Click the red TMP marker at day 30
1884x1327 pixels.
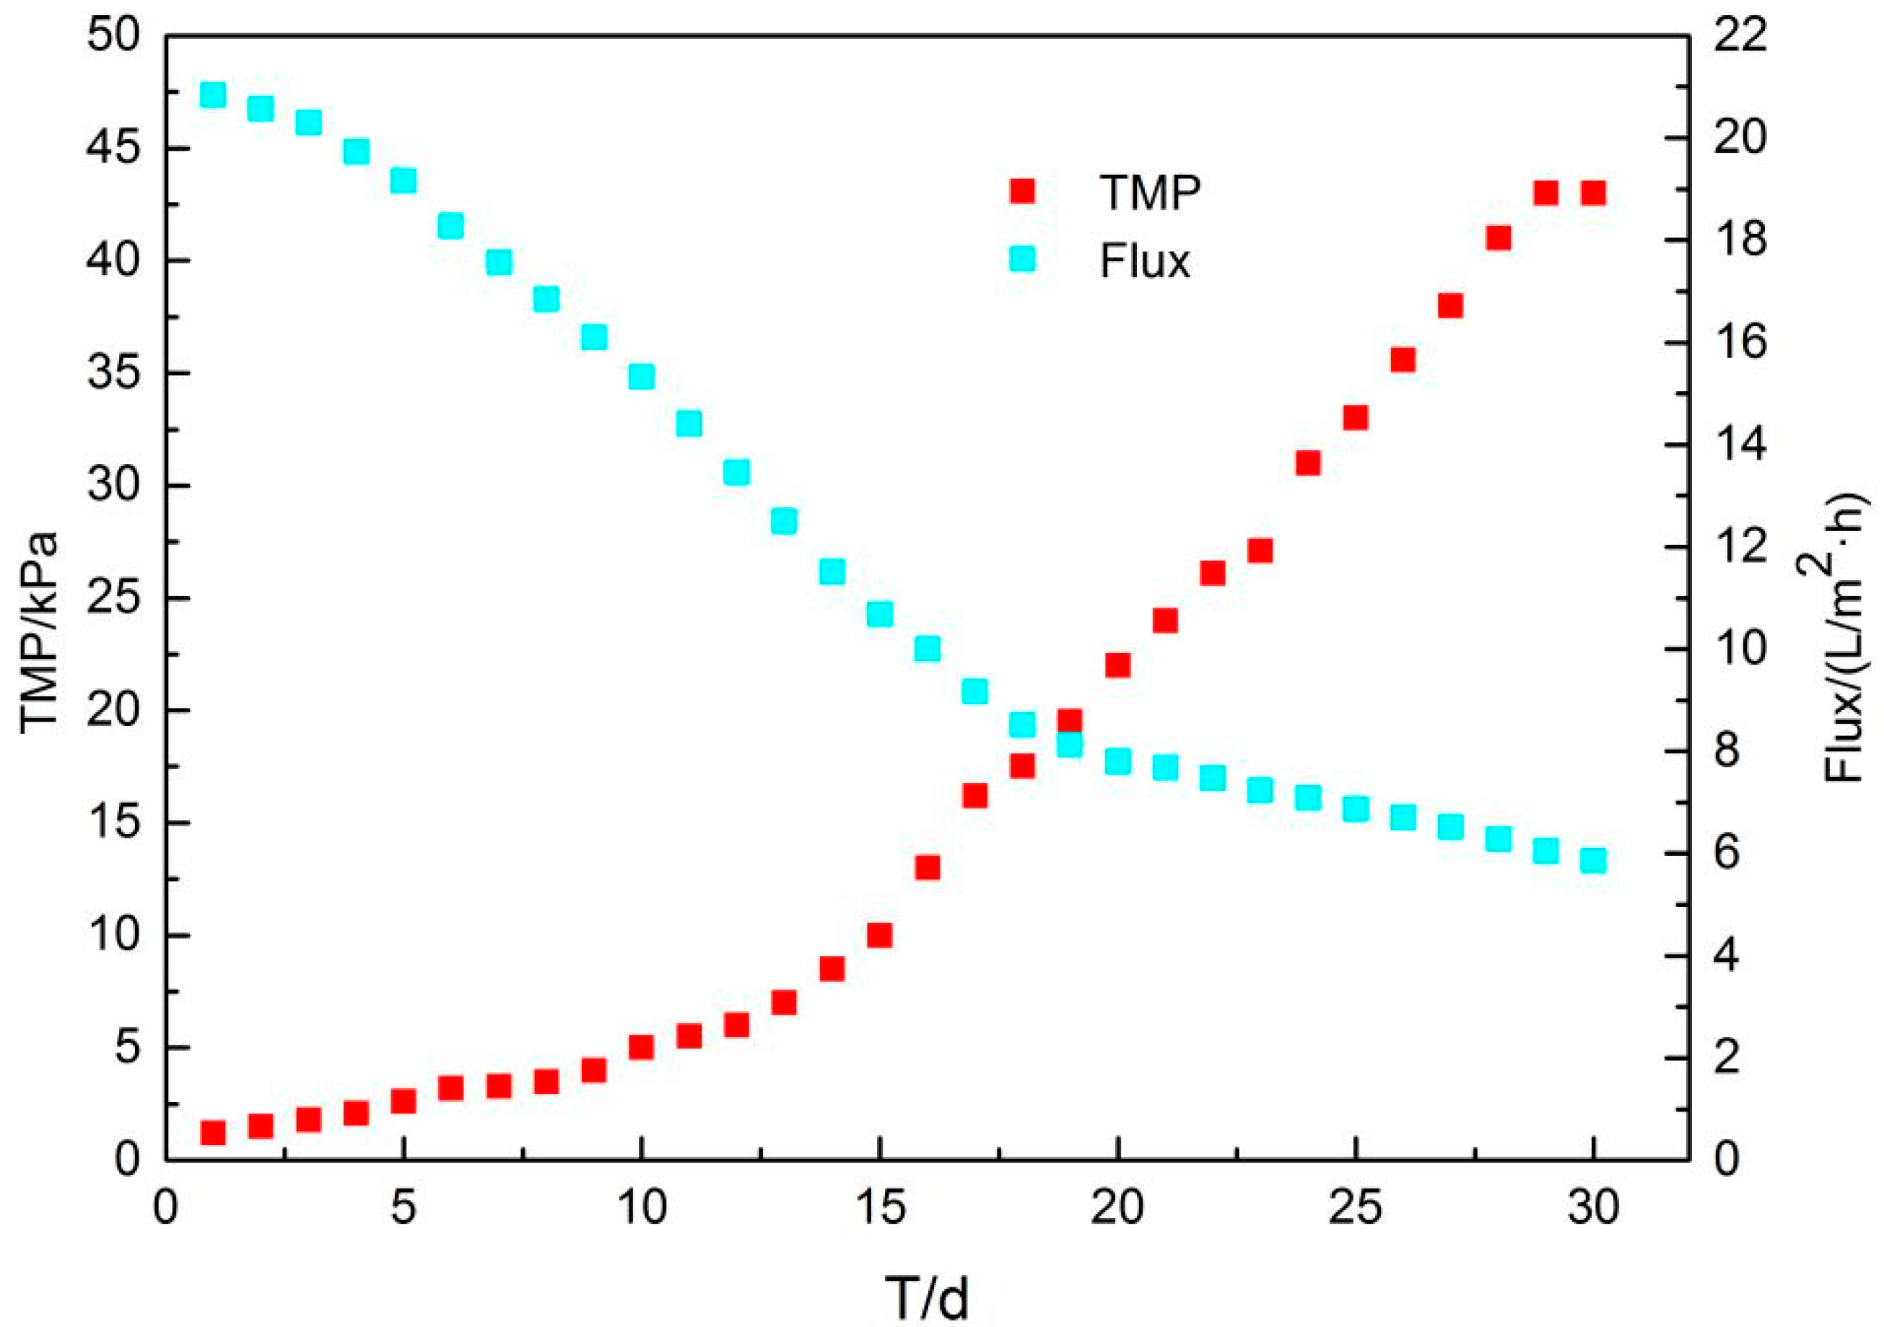click(x=1592, y=193)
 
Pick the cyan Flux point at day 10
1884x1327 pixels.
click(x=642, y=377)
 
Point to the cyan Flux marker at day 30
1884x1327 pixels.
click(x=1592, y=860)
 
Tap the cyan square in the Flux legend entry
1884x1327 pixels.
click(x=1022, y=260)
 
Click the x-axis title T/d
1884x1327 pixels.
click(x=928, y=1297)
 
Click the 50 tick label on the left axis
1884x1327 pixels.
click(x=114, y=38)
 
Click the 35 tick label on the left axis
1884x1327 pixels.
click(x=114, y=374)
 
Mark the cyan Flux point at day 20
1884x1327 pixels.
click(x=1117, y=762)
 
